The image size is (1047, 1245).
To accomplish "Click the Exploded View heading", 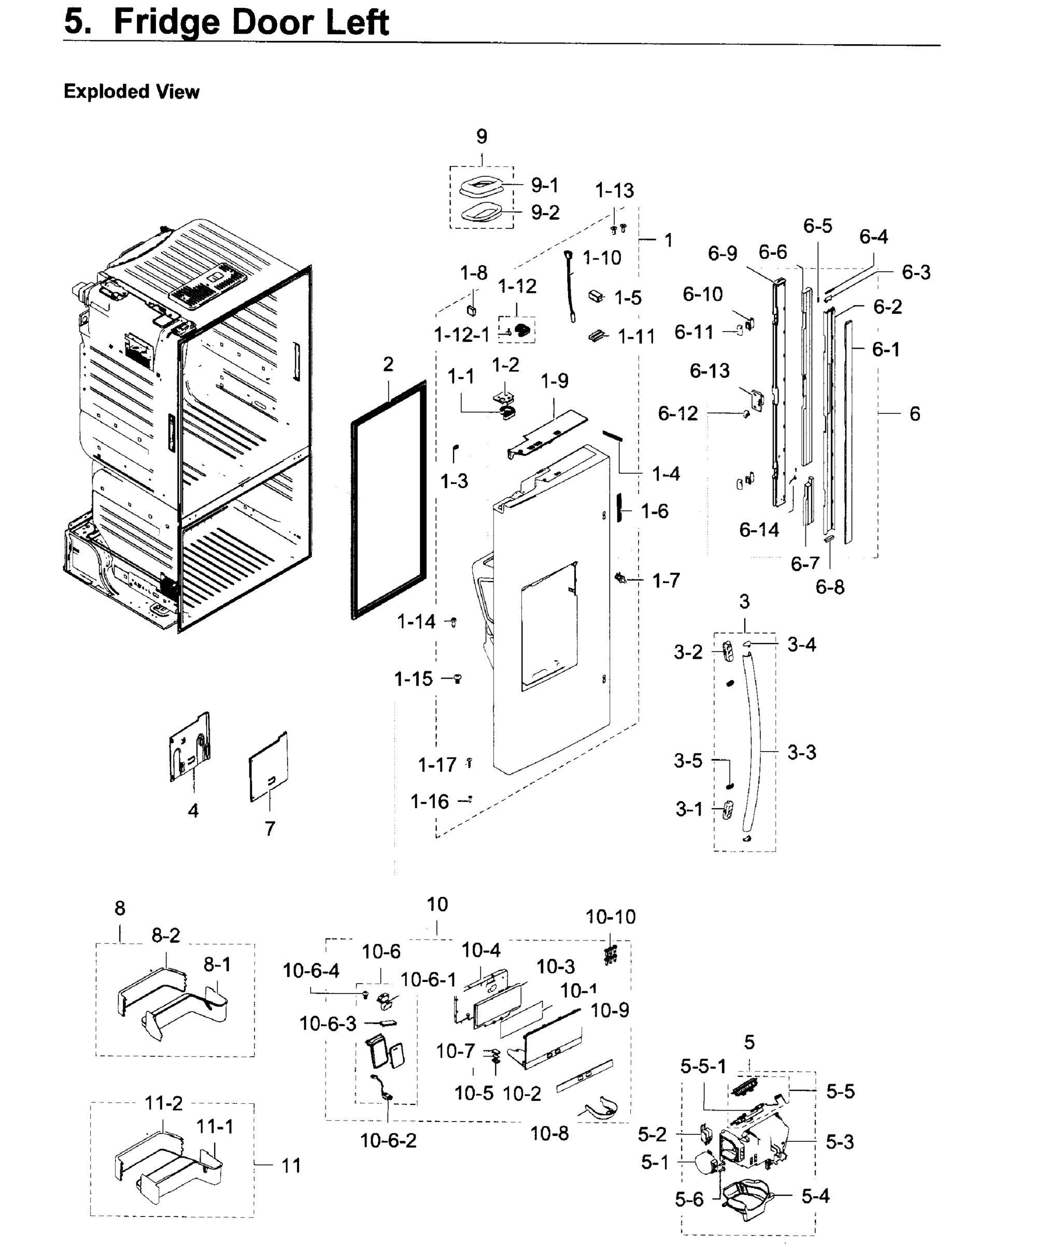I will coord(131,91).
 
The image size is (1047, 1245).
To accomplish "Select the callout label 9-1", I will coord(544,185).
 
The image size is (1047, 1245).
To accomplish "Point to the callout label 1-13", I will coord(614,191).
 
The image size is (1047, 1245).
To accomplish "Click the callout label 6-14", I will coord(758,529).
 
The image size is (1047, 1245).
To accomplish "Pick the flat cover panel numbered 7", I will coord(269,766).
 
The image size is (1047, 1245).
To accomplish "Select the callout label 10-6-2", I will coord(388,1140).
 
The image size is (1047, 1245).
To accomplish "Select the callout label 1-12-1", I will coord(462,335).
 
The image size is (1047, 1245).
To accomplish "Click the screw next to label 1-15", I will coord(458,679).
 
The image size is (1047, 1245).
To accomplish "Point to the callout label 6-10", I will coord(702,294).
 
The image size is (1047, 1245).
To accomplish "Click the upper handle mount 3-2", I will coord(728,651).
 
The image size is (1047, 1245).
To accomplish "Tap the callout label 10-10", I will coord(610,917).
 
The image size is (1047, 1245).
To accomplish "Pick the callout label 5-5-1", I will coord(703,1066).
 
